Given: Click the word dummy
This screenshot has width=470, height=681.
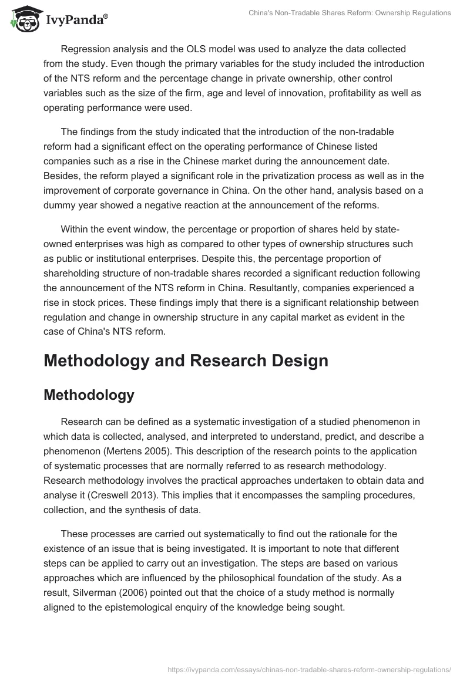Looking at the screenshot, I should coord(59,204).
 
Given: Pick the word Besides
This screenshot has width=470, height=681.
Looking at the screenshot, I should coord(62,175).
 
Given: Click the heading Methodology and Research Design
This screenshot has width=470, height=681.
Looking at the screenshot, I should coord(186,360).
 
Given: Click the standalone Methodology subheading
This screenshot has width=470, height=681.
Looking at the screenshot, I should coord(89,395).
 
